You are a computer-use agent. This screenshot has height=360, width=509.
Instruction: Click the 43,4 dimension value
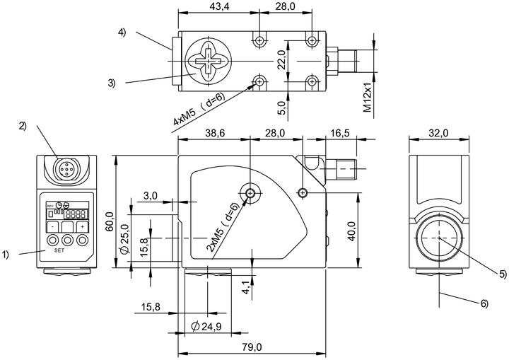pos(219,6)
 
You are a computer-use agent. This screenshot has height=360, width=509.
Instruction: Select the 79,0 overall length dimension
pos(252,347)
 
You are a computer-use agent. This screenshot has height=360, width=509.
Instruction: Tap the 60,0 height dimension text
pos(110,221)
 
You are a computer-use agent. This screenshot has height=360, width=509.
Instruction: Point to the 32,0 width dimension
pos(438,133)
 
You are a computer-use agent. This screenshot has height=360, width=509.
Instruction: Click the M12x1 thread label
pos(367,96)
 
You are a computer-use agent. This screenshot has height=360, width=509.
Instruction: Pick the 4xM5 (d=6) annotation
pos(199,109)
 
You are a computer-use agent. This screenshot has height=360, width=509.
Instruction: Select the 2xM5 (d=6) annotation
pos(223,227)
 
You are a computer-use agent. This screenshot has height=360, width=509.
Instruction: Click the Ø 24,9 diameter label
pos(206,326)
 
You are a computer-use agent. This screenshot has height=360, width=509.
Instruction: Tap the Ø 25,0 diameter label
pos(124,239)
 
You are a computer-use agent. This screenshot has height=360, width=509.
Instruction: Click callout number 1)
pos(5,255)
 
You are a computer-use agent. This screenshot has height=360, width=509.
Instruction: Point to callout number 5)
pos(503,274)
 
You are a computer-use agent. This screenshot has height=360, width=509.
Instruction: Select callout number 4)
pos(122,32)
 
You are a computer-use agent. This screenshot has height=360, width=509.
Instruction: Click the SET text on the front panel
pos(59,250)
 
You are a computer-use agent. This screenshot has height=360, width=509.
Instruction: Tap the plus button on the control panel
pos(83,227)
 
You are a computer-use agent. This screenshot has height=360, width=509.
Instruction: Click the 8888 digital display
pos(76,214)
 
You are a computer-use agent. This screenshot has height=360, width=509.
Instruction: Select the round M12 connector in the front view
pos(66,169)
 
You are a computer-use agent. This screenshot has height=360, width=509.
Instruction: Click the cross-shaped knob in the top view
pos(208,61)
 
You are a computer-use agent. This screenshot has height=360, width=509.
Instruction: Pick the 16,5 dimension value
pos(339,133)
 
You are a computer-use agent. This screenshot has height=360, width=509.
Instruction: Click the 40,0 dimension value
pos(351,231)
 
